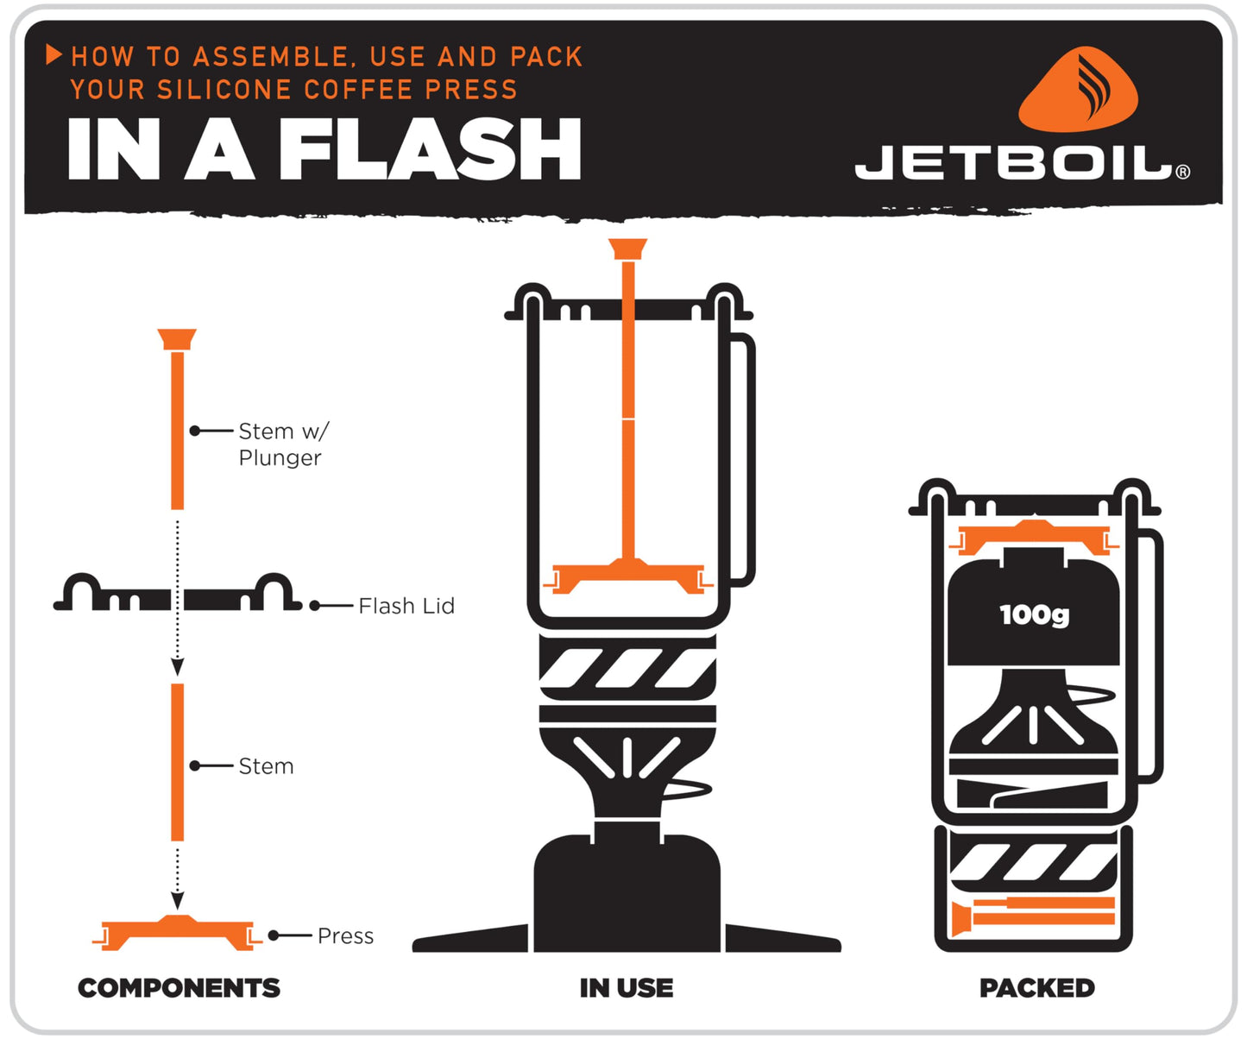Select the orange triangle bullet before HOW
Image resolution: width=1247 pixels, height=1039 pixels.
point(54,55)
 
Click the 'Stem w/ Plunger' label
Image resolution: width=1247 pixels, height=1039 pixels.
point(280,444)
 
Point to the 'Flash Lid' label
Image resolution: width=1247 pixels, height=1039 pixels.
point(406,606)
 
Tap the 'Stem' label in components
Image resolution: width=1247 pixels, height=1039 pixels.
point(266,766)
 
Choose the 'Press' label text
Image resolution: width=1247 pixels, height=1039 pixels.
point(345,935)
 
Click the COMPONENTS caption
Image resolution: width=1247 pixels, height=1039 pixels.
point(179,987)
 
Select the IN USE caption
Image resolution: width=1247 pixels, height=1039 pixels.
point(626,987)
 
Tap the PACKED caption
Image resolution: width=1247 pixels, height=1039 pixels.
point(1036,987)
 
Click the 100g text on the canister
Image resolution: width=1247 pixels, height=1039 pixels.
point(1034,614)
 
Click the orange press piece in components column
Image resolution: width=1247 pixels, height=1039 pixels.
point(177,932)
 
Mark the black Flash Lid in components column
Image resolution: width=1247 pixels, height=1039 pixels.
point(177,595)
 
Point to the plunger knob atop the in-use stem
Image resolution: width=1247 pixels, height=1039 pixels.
point(627,249)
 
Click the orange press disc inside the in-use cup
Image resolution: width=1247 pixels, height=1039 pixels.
point(628,575)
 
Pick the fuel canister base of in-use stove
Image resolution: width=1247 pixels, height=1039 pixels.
point(627,893)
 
